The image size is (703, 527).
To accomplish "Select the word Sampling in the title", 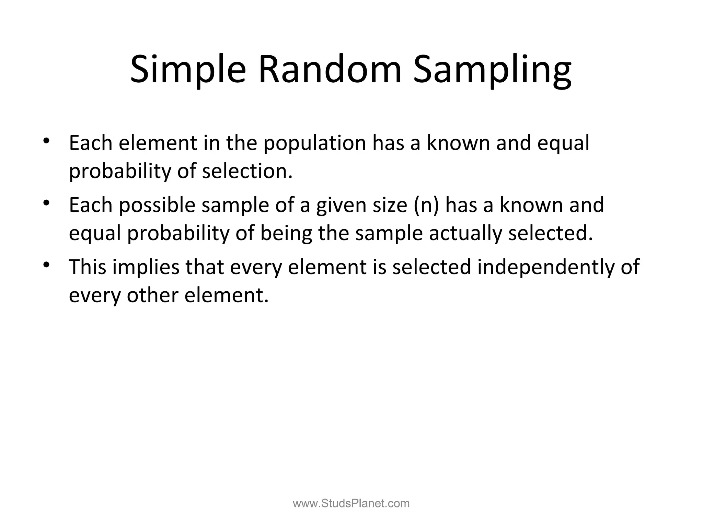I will tap(492, 70).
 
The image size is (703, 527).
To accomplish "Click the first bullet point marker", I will tap(47, 141).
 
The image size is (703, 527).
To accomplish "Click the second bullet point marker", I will tap(47, 203).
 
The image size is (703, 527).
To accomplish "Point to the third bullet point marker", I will tap(47, 265).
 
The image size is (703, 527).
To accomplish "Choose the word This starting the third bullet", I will tap(88, 267).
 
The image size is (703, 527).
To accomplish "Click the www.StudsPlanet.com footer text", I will tap(351, 503).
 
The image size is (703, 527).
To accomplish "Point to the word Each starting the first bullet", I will tap(91, 143).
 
